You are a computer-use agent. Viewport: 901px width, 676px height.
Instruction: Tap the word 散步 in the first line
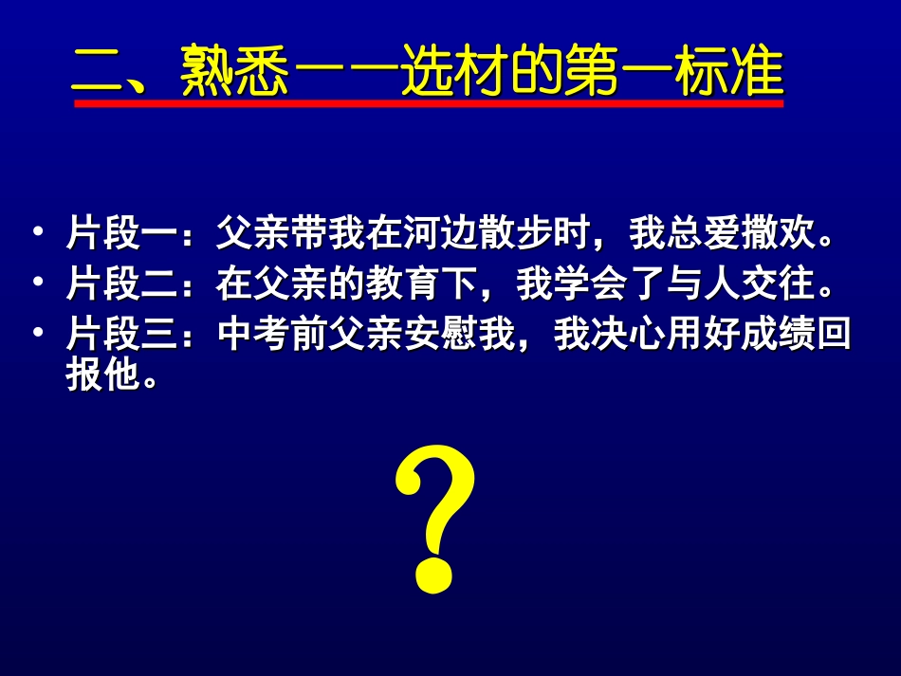pyautogui.click(x=482, y=233)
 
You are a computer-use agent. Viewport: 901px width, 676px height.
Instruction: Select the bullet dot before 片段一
pyautogui.click(x=37, y=233)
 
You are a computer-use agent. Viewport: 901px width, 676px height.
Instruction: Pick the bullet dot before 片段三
pyautogui.click(x=37, y=334)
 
